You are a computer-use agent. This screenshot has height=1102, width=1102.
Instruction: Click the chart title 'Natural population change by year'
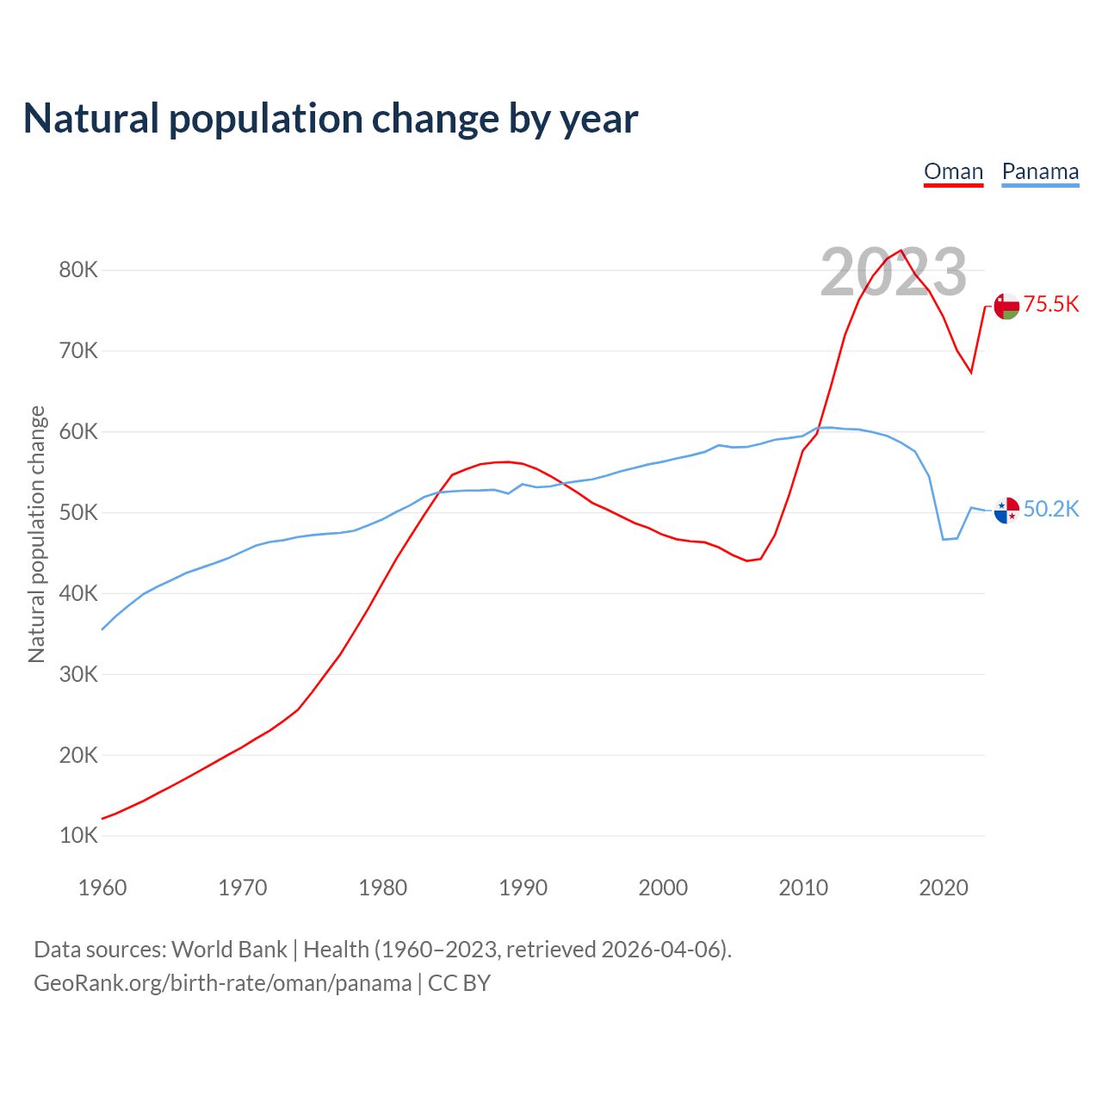tap(331, 119)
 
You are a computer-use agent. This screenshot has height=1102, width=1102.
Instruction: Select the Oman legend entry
tap(953, 171)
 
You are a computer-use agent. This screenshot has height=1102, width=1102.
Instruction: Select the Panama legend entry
tap(1040, 171)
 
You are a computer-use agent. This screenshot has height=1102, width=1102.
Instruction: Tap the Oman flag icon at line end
tap(1006, 306)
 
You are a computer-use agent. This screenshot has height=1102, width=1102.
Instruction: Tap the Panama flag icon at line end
tap(1006, 511)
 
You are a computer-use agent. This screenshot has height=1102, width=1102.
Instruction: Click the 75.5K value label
tap(1051, 305)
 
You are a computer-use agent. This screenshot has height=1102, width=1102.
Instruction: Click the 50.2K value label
tap(1051, 510)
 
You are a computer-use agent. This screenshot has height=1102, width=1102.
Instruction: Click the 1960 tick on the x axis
tap(102, 888)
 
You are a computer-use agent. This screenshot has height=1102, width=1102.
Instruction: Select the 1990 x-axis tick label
tap(523, 888)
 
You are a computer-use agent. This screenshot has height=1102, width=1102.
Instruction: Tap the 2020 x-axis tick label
tap(944, 888)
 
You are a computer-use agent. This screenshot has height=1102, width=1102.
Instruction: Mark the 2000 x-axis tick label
tap(663, 888)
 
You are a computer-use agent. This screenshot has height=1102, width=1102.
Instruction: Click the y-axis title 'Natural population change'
tap(37, 535)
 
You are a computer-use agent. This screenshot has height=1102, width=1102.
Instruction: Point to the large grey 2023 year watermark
tap(894, 272)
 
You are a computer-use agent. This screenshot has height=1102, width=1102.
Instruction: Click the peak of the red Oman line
tap(901, 251)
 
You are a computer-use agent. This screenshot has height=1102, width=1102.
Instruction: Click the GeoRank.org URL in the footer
tap(222, 983)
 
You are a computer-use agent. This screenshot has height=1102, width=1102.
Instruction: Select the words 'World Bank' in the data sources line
tap(229, 950)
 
